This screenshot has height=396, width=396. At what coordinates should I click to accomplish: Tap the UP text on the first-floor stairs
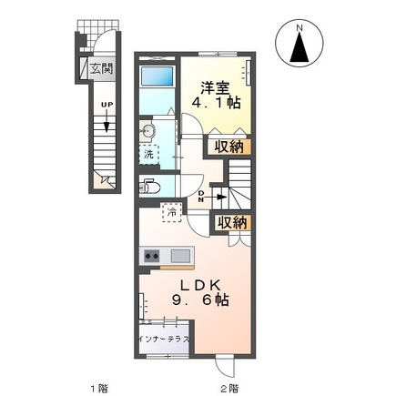point(107,106)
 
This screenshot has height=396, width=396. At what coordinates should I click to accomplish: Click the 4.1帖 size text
point(216,105)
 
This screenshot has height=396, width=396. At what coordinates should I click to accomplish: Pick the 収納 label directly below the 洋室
point(228,147)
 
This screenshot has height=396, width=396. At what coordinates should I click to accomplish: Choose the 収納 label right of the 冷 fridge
point(231,221)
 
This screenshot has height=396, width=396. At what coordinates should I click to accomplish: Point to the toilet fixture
point(150,188)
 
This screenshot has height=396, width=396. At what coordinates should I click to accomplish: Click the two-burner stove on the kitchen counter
point(150,255)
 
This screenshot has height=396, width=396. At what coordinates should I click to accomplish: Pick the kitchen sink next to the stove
point(178,255)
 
